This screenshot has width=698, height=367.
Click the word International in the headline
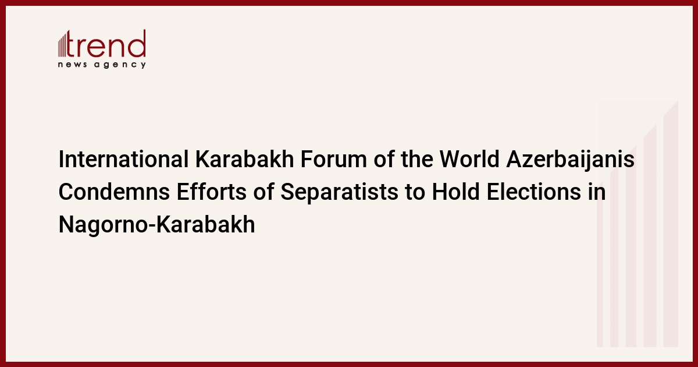click(x=124, y=159)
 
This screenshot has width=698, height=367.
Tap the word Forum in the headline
click(x=334, y=159)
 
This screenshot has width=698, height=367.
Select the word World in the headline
click(x=469, y=159)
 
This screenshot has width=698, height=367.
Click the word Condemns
click(x=114, y=192)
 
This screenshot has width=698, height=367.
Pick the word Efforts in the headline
click(x=212, y=192)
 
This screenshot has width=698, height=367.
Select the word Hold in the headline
click(x=455, y=192)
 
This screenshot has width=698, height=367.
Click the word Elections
click(x=534, y=192)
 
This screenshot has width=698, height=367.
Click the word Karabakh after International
click(x=245, y=159)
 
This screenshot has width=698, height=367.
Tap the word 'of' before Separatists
click(x=263, y=192)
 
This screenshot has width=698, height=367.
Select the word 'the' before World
click(x=417, y=159)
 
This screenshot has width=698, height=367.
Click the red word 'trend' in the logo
click(x=106, y=44)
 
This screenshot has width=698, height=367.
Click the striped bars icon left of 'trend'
click(x=62, y=44)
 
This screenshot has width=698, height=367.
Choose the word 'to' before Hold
click(x=415, y=192)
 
